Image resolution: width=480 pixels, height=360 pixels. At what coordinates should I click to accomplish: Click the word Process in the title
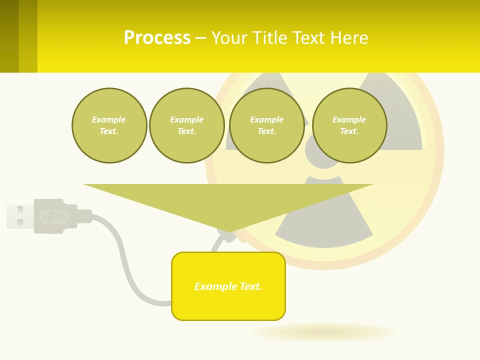[x=157, y=38]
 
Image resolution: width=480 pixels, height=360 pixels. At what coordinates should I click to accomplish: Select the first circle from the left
[x=109, y=125]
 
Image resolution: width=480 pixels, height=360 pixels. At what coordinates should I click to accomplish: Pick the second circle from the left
[x=186, y=125]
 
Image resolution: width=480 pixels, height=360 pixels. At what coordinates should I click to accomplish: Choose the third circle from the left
[x=266, y=125]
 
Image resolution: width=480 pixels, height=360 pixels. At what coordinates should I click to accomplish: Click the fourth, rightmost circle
[x=349, y=125]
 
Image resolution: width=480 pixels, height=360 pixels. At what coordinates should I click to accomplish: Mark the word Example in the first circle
[x=109, y=119]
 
